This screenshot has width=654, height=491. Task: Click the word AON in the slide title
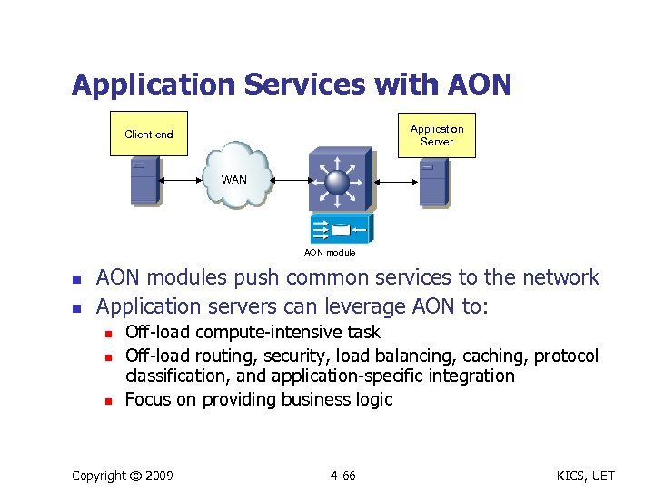click(480, 85)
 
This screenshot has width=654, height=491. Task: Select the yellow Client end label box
click(149, 135)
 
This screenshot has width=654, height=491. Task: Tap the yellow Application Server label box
click(436, 135)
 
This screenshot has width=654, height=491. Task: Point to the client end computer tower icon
click(145, 181)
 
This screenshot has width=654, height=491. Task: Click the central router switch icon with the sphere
click(338, 180)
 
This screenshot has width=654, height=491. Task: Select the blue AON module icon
click(340, 228)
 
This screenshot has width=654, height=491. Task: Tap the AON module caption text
click(330, 252)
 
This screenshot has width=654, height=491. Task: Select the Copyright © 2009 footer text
click(122, 475)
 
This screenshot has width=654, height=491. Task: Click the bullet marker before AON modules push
click(78, 279)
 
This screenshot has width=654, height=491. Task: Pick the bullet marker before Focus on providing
click(108, 401)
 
